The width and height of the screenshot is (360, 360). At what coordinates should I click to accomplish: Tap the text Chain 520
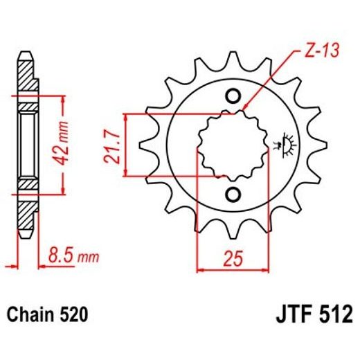(47, 316)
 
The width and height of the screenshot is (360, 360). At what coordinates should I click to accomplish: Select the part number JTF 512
(312, 316)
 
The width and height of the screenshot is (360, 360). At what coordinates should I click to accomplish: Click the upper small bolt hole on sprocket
(233, 96)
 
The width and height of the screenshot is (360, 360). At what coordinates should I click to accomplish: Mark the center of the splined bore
(233, 144)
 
